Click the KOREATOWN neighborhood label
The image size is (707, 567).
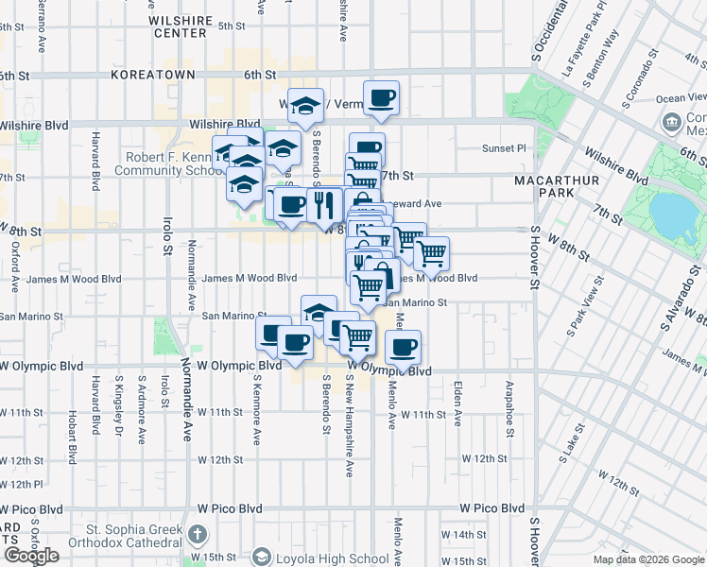[152, 74]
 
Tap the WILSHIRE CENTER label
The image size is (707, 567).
[179, 26]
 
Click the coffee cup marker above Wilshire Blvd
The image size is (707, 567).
[381, 97]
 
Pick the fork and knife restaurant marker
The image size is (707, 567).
[323, 202]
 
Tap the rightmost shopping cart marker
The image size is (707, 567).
[431, 253]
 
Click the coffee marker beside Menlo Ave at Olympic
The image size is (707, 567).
[404, 347]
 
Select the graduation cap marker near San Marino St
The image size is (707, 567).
[319, 312]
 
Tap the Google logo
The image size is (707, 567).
[31, 556]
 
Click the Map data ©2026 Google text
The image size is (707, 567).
[647, 559]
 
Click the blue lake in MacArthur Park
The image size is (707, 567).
[678, 215]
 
